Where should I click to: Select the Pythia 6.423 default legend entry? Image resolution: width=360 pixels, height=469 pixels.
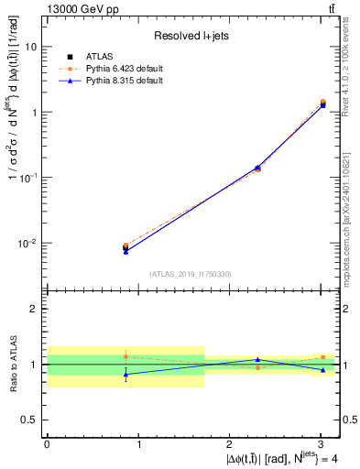click(115, 69)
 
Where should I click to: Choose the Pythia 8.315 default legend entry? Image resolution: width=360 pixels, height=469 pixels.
click(115, 81)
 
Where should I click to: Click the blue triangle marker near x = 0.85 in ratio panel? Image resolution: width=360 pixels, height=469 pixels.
click(125, 374)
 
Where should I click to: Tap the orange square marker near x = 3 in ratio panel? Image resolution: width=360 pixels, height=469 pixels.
click(322, 357)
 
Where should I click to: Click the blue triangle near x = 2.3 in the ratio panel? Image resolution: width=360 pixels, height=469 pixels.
click(258, 360)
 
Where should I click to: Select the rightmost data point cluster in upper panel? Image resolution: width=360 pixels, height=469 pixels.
click(322, 104)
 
